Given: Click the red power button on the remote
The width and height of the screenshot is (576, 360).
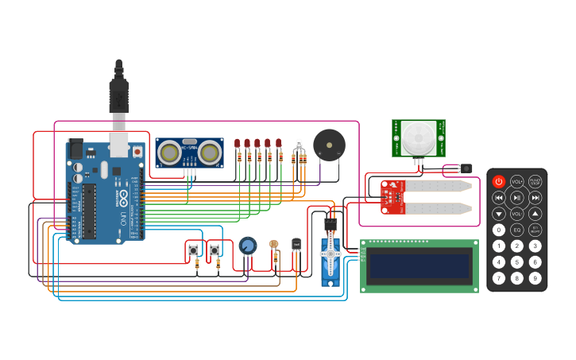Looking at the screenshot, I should point(499,181).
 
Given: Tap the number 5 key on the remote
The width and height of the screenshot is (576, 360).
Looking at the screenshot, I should point(517,262).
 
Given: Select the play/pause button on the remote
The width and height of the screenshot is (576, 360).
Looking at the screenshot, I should point(517,197).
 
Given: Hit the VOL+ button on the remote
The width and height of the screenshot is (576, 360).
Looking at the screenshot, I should point(517,181).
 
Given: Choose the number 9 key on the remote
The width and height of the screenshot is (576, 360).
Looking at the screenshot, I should point(535,278).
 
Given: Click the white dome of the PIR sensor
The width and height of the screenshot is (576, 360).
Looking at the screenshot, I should point(418,137).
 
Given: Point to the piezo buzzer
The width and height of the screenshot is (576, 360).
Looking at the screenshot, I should point(329,145).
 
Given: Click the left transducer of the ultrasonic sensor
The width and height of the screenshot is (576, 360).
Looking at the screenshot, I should point(168,152).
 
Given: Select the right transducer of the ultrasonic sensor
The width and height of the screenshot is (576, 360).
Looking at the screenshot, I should point(210,152).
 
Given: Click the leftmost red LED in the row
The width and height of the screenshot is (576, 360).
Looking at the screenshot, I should point(238,144).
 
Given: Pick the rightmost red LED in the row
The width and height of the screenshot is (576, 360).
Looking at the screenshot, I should point(279,144).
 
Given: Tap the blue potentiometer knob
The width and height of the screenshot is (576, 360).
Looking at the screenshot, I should point(248,246).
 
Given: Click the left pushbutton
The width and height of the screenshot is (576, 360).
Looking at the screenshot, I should point(193,250).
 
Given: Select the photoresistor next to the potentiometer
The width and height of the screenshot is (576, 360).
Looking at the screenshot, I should point(274,245).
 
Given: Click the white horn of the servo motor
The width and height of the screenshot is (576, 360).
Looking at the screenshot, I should point(331,254).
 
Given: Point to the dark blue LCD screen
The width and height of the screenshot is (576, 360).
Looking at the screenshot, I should point(419,266).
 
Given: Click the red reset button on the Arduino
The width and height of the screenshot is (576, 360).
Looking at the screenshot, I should point(137,151).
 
